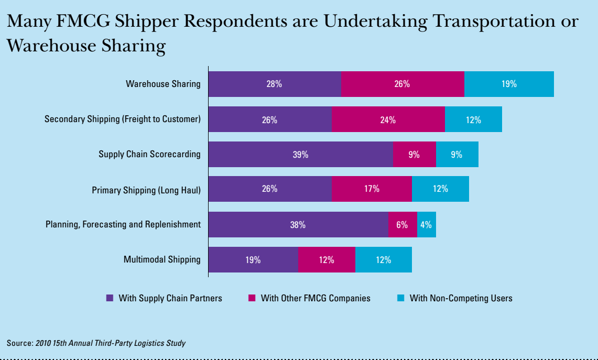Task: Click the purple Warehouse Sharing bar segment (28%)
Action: coord(274,84)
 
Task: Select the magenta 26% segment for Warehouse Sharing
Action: coord(403,84)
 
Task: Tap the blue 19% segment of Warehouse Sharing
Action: coord(509,84)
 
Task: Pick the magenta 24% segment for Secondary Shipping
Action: coord(388,119)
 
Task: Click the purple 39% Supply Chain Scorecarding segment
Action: coord(300,155)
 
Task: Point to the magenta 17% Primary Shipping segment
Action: coord(372,189)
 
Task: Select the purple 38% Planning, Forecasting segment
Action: coord(298,225)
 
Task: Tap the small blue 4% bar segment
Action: coord(426,225)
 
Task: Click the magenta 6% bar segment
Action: coord(403,225)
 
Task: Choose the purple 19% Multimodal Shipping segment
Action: coord(253,259)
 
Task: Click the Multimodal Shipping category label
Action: coord(162,259)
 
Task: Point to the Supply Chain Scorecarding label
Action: coord(149,154)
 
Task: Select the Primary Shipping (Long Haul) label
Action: coord(146,190)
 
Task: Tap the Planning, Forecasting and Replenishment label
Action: coord(123,224)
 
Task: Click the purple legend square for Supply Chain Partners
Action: coord(110,298)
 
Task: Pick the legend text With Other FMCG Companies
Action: coord(316,298)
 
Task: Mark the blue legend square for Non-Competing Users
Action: coord(400,298)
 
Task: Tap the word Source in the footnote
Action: coord(19,343)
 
